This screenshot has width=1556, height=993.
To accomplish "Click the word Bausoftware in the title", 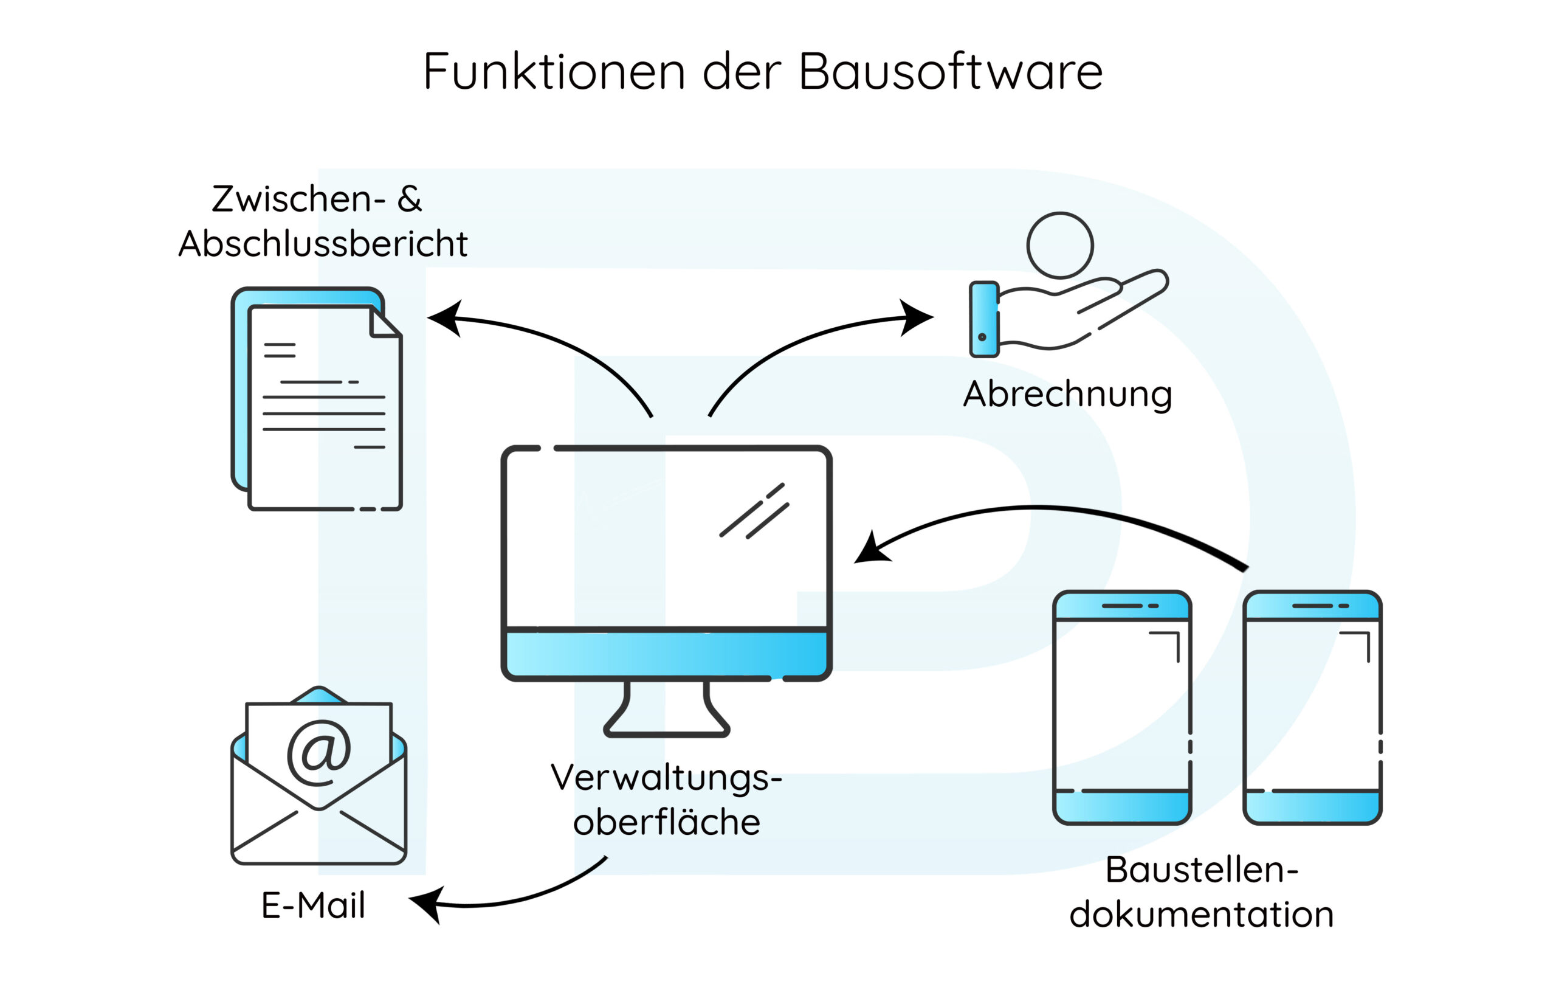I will pos(951,72).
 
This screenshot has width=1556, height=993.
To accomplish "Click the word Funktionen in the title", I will pos(554,72).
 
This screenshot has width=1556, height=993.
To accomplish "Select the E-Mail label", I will pos(314,905).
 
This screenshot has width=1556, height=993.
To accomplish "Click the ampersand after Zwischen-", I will pos(410,199).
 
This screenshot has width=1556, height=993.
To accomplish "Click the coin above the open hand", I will pos(1060,246).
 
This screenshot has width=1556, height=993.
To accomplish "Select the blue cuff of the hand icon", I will pos(984,319).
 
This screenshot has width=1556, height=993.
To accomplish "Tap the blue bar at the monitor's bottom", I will pos(666,654).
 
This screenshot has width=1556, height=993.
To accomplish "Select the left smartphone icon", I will pos(1122,707).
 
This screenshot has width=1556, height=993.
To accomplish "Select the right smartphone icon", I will pos(1312,707).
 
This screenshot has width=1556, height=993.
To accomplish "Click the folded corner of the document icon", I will pos(383,322).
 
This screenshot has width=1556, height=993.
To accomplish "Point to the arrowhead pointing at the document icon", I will pos(444,317).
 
